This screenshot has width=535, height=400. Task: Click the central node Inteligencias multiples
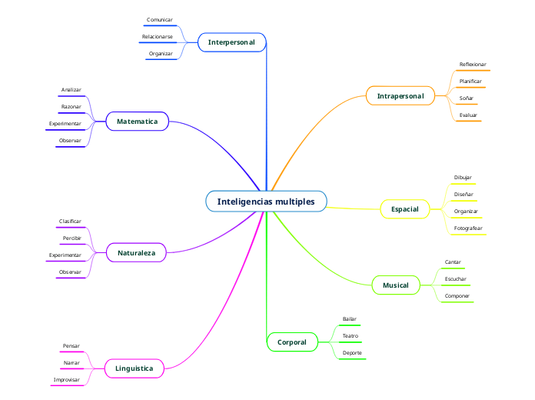tap(266, 202)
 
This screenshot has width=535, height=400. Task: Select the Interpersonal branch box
tap(231, 42)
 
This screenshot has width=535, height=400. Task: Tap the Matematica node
tap(137, 122)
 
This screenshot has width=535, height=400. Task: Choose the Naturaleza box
tap(136, 252)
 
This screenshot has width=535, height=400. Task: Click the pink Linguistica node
tap(134, 368)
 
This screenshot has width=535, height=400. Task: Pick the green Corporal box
tap(291, 342)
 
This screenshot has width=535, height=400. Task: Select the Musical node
tap(396, 285)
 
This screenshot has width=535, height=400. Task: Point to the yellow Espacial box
tap(404, 209)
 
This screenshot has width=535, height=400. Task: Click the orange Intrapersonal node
tap(400, 96)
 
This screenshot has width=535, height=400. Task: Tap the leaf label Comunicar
tap(159, 19)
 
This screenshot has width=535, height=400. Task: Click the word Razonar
tap(71, 106)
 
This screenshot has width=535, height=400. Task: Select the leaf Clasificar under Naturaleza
tap(70, 221)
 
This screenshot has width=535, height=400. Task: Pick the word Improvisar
tap(66, 379)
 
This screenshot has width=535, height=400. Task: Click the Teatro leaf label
tap(350, 335)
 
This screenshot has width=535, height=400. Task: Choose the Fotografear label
tap(467, 228)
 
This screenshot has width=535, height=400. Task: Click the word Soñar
tap(466, 98)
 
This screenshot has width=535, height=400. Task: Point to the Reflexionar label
tap(472, 65)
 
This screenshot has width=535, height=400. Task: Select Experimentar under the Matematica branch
tap(65, 123)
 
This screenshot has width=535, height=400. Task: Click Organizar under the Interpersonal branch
tap(161, 53)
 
